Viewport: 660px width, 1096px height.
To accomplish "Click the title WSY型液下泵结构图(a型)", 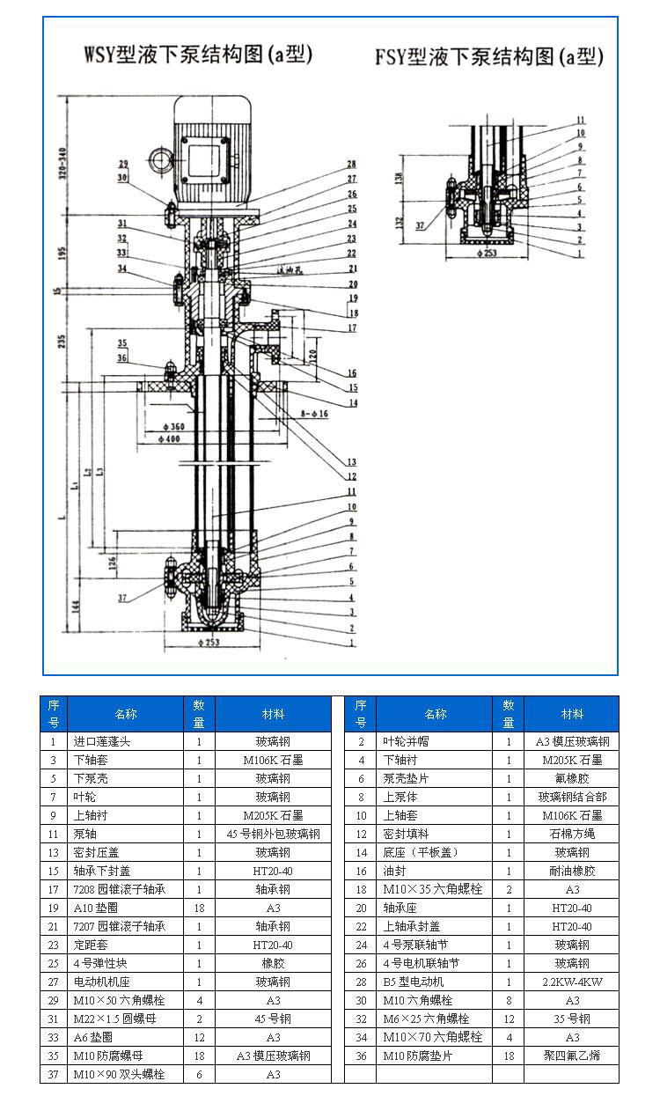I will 198,55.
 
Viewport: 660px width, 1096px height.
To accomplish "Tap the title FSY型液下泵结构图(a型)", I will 489,58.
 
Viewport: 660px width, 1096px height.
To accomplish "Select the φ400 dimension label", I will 171,438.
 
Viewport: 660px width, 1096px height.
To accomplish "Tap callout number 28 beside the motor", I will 351,165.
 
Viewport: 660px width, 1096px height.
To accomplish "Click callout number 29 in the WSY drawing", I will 123,163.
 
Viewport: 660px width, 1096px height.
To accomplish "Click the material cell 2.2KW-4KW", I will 572,982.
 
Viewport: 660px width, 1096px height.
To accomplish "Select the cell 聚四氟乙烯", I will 572,1056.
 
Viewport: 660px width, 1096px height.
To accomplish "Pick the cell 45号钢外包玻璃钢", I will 273,834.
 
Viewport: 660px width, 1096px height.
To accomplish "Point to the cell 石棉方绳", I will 572,834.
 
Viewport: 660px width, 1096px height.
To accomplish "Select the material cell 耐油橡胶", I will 572,871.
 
